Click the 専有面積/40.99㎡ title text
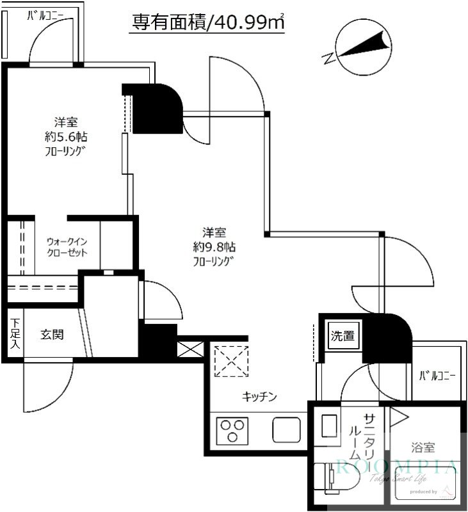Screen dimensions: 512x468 coord(207,22)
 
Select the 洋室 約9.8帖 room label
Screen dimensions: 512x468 coord(214,246)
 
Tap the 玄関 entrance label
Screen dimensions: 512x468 coord(52,334)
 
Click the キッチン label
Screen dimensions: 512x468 coord(259,397)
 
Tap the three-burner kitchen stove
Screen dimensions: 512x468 coord(232,429)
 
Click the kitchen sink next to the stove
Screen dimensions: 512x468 coord(286,429)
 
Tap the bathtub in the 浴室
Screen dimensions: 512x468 coord(426,483)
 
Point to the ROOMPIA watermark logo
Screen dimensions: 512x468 coord(397,466)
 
